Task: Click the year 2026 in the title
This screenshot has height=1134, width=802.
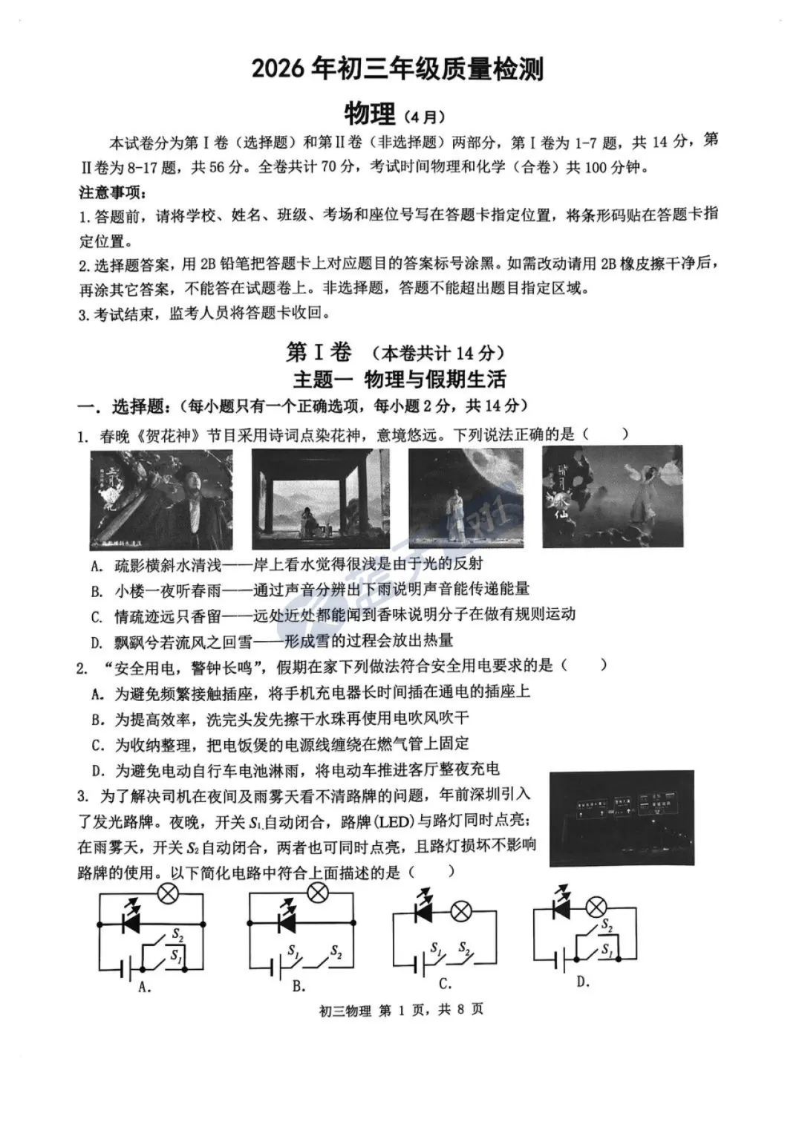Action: [x=277, y=70]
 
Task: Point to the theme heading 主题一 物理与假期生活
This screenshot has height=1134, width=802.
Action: [x=400, y=379]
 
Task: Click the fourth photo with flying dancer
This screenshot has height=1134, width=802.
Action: [x=612, y=496]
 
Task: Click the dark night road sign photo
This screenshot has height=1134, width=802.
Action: [x=622, y=819]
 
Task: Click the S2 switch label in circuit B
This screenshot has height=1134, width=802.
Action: [x=336, y=951]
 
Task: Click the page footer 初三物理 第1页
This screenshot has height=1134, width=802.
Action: [x=400, y=1010]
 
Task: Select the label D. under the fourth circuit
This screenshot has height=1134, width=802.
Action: [x=583, y=982]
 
